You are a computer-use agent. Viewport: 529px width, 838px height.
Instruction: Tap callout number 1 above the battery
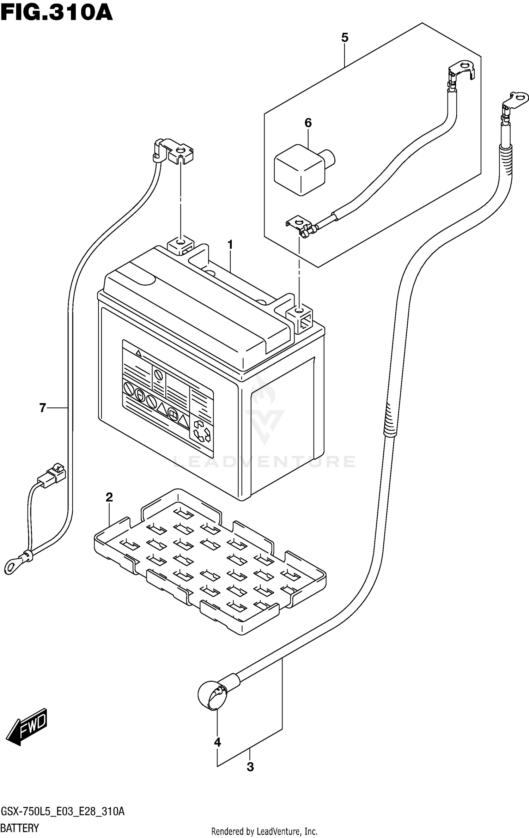click(x=230, y=244)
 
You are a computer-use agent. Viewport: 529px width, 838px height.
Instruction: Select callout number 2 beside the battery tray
click(x=109, y=498)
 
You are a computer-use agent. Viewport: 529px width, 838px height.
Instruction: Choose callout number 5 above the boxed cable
click(x=345, y=37)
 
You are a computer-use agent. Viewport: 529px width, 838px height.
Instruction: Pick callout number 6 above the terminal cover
click(x=308, y=123)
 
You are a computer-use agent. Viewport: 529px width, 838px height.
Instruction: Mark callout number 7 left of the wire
click(x=43, y=408)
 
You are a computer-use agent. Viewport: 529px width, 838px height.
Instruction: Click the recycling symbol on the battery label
click(x=202, y=431)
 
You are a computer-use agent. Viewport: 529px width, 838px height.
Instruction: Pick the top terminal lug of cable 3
click(x=515, y=100)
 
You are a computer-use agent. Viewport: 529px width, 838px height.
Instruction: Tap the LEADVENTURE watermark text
click(x=264, y=461)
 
